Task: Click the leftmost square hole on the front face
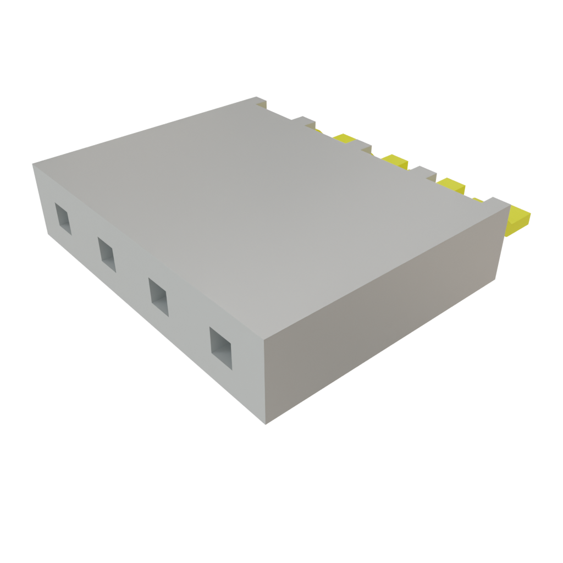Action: click(x=63, y=218)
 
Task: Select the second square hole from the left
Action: click(x=107, y=254)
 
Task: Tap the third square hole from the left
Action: click(x=159, y=297)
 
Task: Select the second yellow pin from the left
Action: click(x=395, y=161)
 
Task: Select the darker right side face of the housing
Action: click(x=385, y=319)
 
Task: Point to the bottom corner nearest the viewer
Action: click(x=266, y=424)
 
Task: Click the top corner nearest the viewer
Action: click(x=264, y=336)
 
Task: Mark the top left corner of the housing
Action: click(x=33, y=164)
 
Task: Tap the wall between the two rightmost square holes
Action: click(x=187, y=324)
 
